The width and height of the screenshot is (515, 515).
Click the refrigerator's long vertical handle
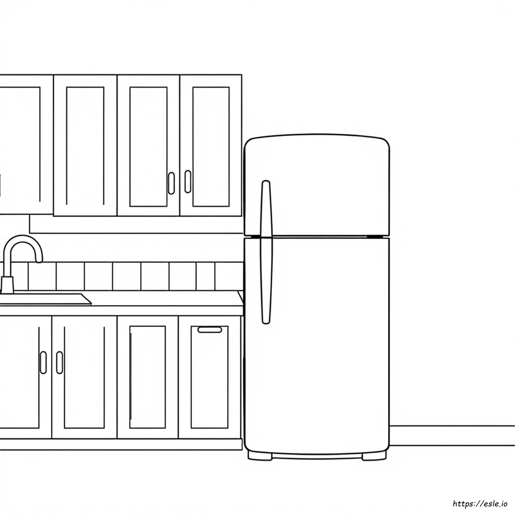[x=266, y=252]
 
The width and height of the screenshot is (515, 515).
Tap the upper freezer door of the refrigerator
[x=317, y=187]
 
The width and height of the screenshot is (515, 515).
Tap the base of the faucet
[x=7, y=285]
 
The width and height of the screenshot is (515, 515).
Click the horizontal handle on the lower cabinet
[x=209, y=330]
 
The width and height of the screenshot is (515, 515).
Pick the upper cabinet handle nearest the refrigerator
[x=188, y=182]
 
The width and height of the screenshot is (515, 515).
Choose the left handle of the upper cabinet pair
[x=171, y=183]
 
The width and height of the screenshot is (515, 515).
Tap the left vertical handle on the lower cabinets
[x=43, y=363]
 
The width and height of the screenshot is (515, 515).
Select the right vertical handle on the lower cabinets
[x=59, y=363]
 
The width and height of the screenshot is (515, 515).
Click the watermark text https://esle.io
[x=480, y=503]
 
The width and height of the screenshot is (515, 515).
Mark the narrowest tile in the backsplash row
[x=205, y=276]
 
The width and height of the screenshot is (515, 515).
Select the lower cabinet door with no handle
[x=147, y=377]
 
